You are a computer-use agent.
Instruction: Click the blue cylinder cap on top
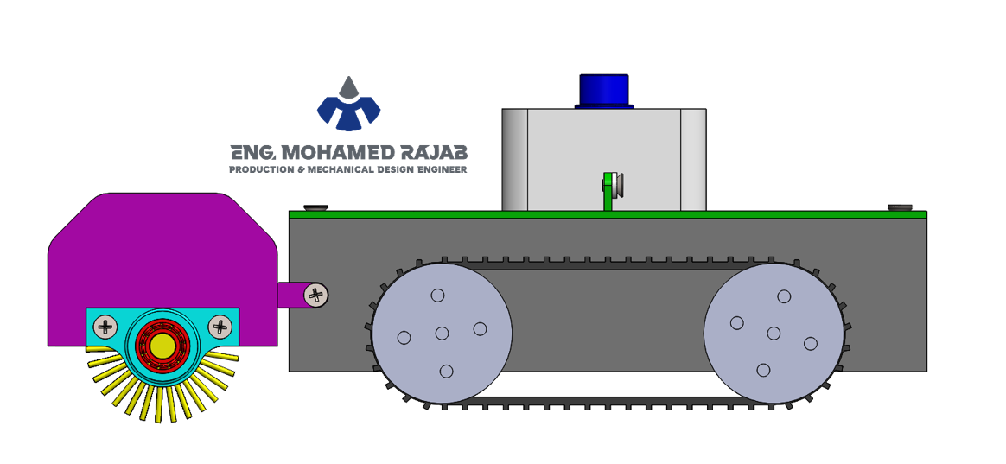[x=604, y=91]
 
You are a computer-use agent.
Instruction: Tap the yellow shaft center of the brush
[x=163, y=346]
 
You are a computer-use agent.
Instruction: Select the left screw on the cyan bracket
[x=105, y=327]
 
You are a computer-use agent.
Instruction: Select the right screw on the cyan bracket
[x=220, y=327]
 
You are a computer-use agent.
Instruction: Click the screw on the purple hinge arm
[x=316, y=296]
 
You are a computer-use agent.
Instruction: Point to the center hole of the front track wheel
[x=442, y=334]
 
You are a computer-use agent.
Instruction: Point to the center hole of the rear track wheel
[x=774, y=334]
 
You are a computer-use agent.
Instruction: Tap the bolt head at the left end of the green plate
[x=315, y=208]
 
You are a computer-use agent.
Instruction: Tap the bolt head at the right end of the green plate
[x=901, y=207]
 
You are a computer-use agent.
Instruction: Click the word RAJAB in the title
[x=434, y=153]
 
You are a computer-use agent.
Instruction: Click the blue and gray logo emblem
[x=349, y=104]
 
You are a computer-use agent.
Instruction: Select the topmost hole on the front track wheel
[x=437, y=296]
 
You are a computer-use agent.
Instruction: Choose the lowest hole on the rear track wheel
[x=763, y=371]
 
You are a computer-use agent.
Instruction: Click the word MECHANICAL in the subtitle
[x=340, y=170]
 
